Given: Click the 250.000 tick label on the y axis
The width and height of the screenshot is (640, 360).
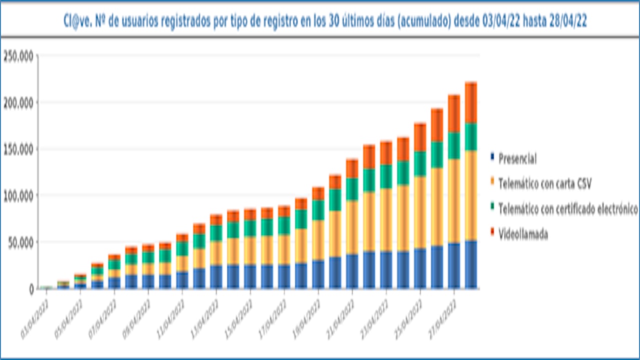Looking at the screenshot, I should point(18,56).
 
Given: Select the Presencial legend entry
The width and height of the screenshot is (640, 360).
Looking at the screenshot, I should point(517,159).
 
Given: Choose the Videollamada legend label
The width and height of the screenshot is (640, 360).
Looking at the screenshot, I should point(522,234).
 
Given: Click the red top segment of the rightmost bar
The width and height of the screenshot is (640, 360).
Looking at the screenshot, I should point(471,102).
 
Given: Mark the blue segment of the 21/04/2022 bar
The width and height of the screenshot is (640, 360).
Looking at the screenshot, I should point(352,271).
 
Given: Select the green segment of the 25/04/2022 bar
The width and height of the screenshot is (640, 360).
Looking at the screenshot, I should point(420,163).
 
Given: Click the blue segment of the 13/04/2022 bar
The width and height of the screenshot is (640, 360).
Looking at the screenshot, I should point(216,276).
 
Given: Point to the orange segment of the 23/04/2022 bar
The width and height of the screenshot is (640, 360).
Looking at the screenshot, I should point(386,220).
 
